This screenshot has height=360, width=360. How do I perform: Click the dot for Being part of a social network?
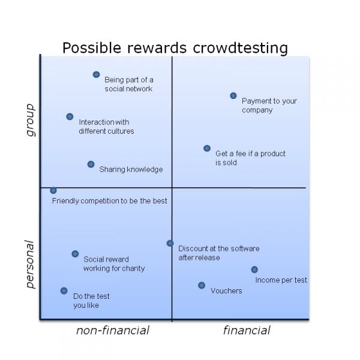point(96,74)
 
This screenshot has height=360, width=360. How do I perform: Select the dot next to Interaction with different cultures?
point(70,116)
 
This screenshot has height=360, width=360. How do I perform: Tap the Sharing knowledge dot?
point(91,164)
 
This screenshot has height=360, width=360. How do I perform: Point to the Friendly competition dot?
point(53,190)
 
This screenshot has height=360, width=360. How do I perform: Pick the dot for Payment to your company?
point(233,95)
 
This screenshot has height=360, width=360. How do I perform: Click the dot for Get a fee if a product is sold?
point(207,148)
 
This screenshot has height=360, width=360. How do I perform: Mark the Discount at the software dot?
point(170,243)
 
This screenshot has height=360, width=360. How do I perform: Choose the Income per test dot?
point(254,269)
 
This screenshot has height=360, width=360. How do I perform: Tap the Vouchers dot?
point(202,286)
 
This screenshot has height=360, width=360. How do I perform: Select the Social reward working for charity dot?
point(75,254)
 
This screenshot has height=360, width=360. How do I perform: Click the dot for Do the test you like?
point(64,290)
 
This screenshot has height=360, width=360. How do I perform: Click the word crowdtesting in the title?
point(240,48)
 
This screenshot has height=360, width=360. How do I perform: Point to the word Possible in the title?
point(92,47)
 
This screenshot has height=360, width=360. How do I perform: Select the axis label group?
point(31,120)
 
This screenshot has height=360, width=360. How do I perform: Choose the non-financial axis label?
point(113,331)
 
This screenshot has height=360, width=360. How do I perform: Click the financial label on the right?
point(247,331)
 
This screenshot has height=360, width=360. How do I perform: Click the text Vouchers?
point(226,291)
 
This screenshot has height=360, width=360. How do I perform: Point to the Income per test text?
point(281,280)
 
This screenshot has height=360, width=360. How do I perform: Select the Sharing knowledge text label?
point(131,169)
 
